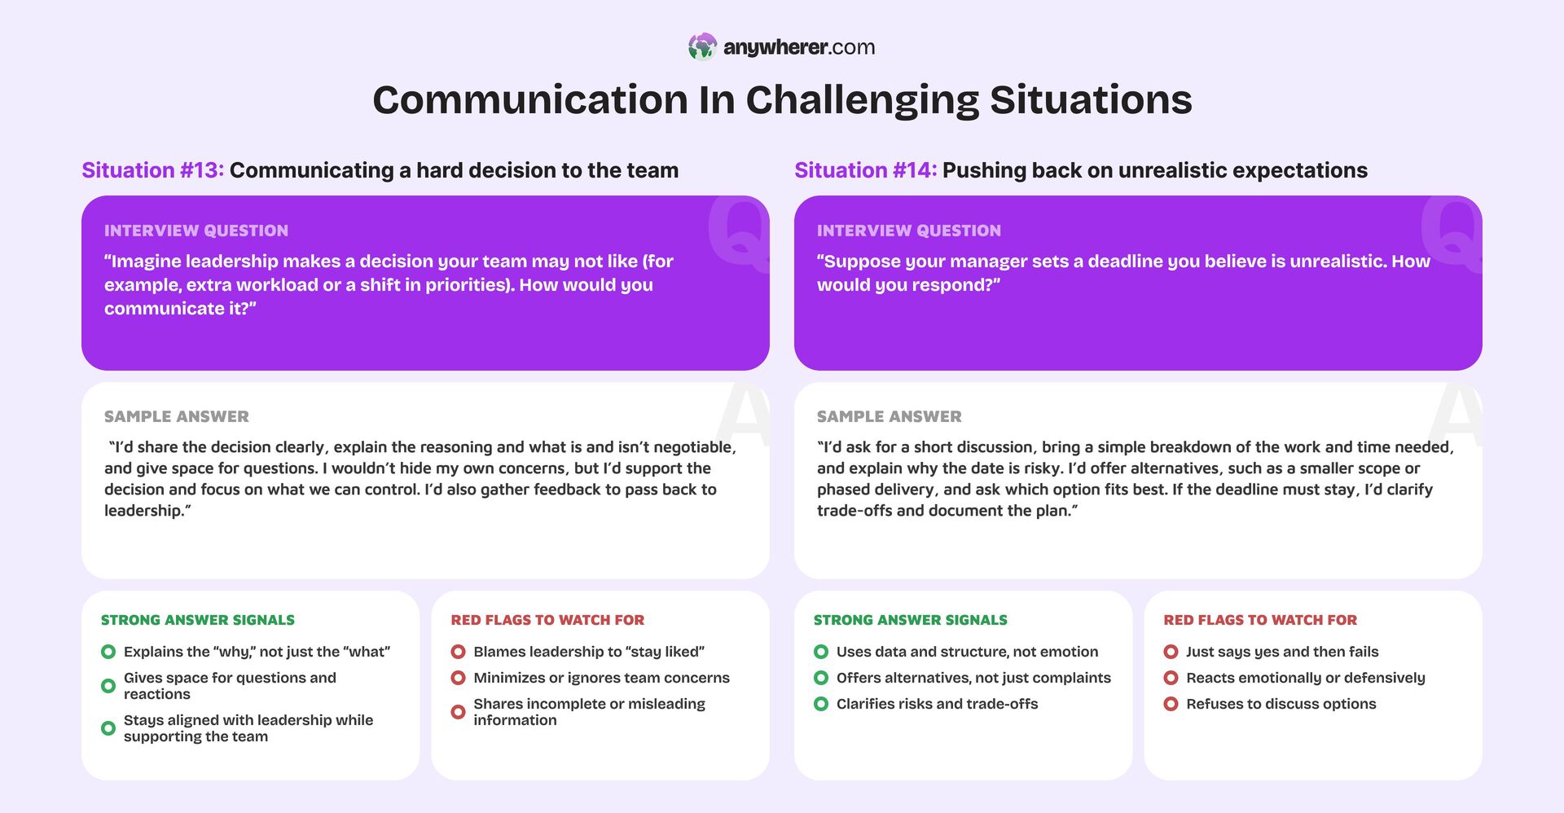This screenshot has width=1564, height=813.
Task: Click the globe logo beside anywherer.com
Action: [702, 47]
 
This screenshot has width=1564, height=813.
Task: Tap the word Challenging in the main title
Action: [862, 100]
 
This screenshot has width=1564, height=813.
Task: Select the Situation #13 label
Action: [152, 170]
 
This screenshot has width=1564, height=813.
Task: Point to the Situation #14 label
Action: [865, 170]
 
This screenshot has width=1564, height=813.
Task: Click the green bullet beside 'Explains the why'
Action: [108, 652]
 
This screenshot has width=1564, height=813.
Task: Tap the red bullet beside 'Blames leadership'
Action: [458, 652]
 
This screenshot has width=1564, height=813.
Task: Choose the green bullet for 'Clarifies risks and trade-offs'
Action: [821, 704]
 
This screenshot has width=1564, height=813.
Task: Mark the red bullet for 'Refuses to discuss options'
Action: [1171, 704]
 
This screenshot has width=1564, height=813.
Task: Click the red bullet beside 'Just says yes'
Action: [1171, 652]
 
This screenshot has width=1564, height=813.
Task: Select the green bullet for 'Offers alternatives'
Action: [821, 678]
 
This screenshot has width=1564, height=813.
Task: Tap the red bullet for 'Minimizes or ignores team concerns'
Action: [458, 678]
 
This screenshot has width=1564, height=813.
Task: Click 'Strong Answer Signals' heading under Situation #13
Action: [198, 620]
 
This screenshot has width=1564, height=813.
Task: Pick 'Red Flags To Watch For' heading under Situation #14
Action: [1260, 620]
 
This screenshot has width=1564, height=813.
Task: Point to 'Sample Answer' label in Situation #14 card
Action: [889, 416]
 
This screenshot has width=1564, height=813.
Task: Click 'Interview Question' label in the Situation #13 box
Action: [196, 231]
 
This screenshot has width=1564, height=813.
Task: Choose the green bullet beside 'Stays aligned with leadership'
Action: [108, 728]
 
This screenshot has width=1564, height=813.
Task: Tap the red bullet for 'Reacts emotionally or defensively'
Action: [1171, 678]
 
